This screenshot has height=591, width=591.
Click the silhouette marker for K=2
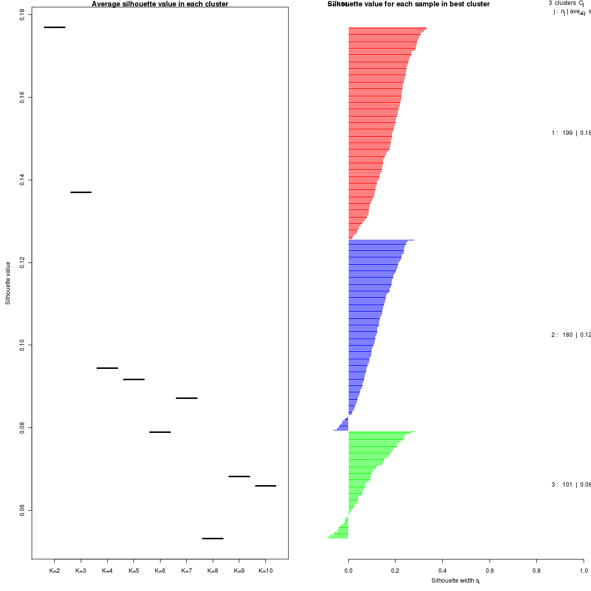[x=55, y=27]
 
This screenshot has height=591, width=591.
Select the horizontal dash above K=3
[x=81, y=192]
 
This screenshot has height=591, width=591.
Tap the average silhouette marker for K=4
[x=107, y=368]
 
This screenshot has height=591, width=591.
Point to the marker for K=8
[x=213, y=538]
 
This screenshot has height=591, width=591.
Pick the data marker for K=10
[x=265, y=486]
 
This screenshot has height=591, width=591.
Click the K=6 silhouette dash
[x=160, y=432]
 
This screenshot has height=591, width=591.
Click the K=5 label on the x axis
[x=134, y=571]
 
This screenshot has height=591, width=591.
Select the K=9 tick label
[x=239, y=571]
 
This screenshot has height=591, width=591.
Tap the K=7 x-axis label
[x=187, y=571]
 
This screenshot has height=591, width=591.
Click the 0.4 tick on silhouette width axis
[x=442, y=571]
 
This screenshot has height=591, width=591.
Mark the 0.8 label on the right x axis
[x=536, y=571]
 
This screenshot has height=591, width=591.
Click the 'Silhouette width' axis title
[x=456, y=581]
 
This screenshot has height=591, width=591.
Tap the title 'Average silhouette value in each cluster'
[x=160, y=4]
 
